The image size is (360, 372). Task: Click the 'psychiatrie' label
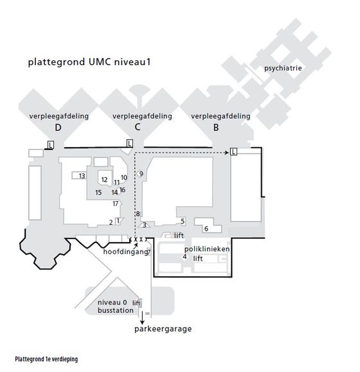[x=283, y=68]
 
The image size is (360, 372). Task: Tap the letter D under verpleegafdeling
[x=58, y=128]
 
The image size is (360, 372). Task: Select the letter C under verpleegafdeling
[x=138, y=127]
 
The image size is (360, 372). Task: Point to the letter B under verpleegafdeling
[x=216, y=128]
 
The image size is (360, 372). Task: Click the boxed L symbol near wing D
[x=51, y=145]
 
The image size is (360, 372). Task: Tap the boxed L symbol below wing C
[x=129, y=143]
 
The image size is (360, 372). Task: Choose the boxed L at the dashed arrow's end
[x=233, y=152]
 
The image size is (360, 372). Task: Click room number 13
[x=82, y=176]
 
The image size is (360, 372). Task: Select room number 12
[x=104, y=180]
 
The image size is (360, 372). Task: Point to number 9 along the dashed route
[x=141, y=173]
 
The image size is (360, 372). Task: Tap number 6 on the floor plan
[x=206, y=229]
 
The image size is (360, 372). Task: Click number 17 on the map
[x=116, y=204]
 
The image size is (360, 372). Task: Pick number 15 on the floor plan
[x=98, y=192]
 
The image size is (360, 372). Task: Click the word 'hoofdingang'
[x=126, y=252]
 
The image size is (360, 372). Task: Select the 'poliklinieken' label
[x=207, y=249]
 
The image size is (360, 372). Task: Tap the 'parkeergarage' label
[x=163, y=329]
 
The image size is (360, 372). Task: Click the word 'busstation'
[x=116, y=310]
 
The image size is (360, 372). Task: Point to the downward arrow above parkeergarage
[x=142, y=318]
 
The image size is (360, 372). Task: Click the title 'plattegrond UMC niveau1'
[x=89, y=62]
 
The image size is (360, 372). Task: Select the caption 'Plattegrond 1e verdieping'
[x=46, y=359]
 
